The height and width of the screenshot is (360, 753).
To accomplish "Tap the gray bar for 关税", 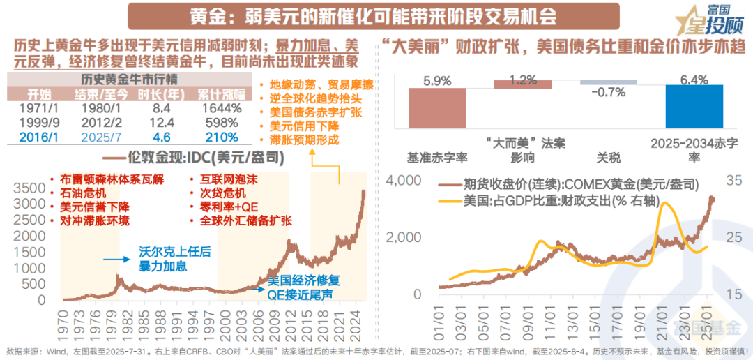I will tap(608, 82).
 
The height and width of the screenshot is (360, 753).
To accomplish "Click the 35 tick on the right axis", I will tap(733, 181).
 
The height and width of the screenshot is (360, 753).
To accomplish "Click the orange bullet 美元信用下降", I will tap(304, 126).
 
